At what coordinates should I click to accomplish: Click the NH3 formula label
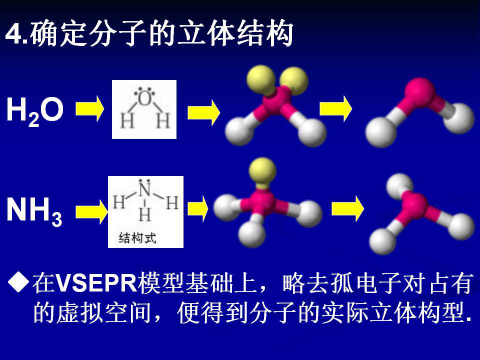34,211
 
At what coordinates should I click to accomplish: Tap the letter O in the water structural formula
144,99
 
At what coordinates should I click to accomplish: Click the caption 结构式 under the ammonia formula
137,237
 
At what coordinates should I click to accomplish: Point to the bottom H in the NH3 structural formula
145,214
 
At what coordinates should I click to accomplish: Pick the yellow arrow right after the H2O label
89,108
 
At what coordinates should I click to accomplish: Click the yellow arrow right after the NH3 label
91,212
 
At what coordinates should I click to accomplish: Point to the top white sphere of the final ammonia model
399,185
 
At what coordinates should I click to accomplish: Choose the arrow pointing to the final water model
336,108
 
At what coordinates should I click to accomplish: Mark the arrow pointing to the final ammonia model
348,209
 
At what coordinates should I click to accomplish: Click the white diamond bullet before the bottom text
18,281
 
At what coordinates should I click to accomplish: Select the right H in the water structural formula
163,120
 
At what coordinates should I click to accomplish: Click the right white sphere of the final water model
458,118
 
